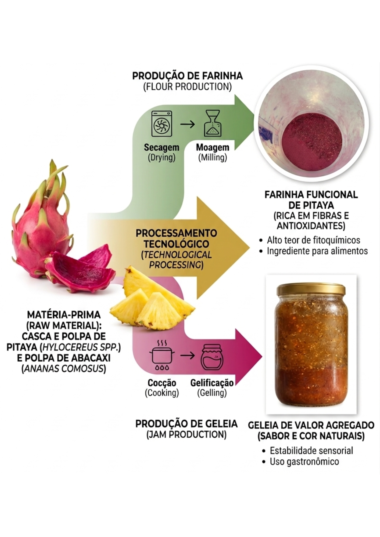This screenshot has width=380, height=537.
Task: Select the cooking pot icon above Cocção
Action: point(162,356)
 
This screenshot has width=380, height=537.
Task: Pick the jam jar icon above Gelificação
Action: point(212,356)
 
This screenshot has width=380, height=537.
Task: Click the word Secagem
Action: point(161,147)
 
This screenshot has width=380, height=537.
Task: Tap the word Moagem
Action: point(212,147)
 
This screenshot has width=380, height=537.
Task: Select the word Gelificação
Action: point(212,383)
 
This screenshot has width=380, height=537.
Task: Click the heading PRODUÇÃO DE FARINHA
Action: point(187,76)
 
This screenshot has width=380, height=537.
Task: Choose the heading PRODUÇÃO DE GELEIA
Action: point(187,424)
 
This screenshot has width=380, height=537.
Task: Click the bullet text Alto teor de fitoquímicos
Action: point(313,240)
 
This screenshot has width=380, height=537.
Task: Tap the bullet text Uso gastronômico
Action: point(304,462)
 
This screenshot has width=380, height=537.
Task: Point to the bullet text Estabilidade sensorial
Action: point(311,450)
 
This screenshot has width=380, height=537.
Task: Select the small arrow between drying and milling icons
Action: point(187,124)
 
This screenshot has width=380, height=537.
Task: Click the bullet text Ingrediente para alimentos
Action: point(317,251)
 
